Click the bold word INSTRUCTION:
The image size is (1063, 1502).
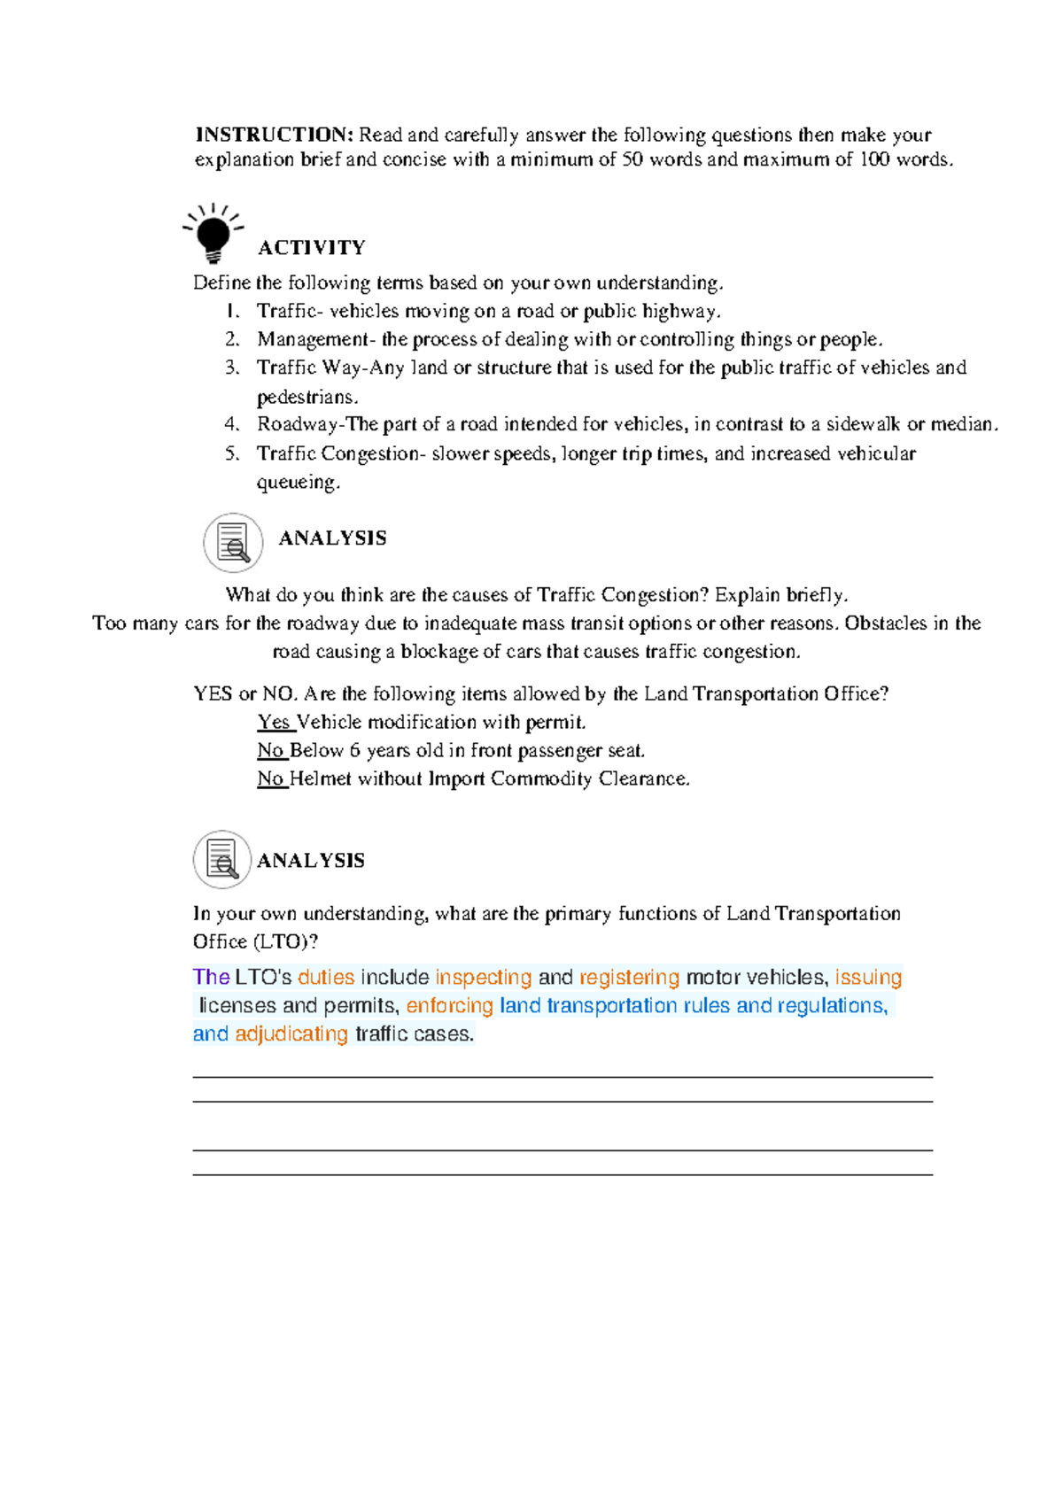click(x=274, y=135)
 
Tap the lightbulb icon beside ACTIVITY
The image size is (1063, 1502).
click(x=213, y=233)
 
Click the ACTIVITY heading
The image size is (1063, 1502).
click(x=311, y=247)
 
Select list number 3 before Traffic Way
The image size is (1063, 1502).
click(x=231, y=368)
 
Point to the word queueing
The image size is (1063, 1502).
click(x=298, y=483)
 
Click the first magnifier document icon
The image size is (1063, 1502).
click(x=233, y=543)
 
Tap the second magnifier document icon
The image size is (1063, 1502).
click(x=222, y=860)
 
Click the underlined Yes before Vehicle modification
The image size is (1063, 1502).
click(x=275, y=722)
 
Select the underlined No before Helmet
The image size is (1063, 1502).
click(x=271, y=778)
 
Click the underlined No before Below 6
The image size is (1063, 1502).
click(x=271, y=750)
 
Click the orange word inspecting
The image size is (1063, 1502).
click(x=483, y=977)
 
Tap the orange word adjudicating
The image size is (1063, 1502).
click(x=291, y=1034)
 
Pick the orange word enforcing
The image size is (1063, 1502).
click(x=449, y=1005)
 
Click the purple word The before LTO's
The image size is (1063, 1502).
click(x=211, y=977)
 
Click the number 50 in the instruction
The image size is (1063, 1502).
click(x=632, y=159)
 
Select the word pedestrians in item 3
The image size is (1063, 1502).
click(x=306, y=397)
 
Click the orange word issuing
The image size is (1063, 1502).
click(x=868, y=977)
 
